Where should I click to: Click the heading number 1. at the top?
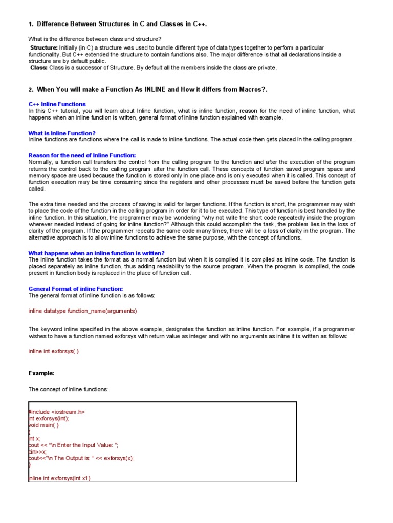tap(31, 25)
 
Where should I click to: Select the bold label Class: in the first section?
tap(39, 67)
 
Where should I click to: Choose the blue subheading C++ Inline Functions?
tap(57, 104)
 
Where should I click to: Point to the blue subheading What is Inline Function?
tap(62, 133)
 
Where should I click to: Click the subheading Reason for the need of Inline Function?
tap(82, 155)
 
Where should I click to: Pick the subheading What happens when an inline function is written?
tap(96, 253)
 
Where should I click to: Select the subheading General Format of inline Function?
tap(76, 289)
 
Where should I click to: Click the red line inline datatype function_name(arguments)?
tap(83, 311)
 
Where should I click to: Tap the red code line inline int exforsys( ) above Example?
tap(54, 351)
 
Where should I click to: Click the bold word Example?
tap(41, 373)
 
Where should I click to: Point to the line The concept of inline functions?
tap(68, 390)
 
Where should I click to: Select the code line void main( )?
tap(44, 425)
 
